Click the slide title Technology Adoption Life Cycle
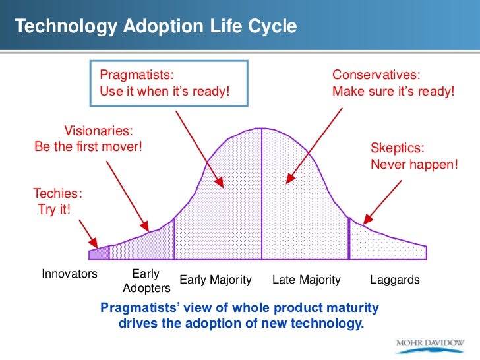tap(156, 26)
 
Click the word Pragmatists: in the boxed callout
tap(136, 75)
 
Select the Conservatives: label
tap(376, 75)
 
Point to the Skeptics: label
tap(397, 148)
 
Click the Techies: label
tap(57, 194)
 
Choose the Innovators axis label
tap(69, 274)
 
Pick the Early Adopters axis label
tap(146, 281)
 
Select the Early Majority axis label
tap(216, 280)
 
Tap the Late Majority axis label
tap(307, 280)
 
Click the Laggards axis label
tap(395, 280)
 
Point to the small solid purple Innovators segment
tap(99, 253)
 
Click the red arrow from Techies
tap(88, 231)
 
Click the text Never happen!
tap(413, 164)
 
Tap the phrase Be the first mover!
tap(88, 146)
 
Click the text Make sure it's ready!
tap(394, 91)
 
